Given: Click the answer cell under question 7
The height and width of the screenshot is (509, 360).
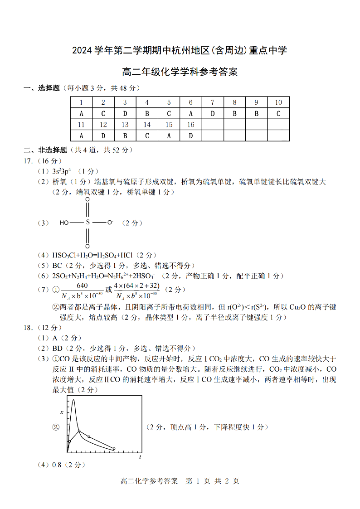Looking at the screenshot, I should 212,113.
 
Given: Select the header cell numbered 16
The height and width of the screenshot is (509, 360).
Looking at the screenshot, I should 190,125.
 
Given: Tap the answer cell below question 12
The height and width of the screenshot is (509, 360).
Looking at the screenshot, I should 103,136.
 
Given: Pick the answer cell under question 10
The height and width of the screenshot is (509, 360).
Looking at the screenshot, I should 278,113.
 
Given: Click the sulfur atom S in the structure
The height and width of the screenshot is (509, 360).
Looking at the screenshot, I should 88,223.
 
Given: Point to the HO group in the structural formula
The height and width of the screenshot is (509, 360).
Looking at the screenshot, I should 64,223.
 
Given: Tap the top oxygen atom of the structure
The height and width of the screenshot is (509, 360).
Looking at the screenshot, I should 88,199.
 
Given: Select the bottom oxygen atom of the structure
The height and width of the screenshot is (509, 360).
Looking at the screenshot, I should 88,247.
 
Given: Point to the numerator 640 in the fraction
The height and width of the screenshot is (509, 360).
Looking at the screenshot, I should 82,286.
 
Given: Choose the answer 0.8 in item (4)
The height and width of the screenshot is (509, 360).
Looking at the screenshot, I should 57,465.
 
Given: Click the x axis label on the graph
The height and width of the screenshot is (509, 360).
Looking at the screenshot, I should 62,412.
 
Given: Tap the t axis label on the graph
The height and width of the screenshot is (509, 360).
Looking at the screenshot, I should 140,457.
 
